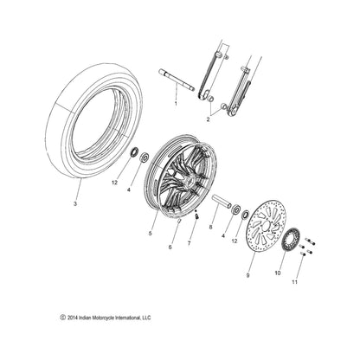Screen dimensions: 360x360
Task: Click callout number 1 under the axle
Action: (176, 103)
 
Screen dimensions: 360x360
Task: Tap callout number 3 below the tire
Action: (75, 203)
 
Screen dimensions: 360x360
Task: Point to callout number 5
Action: (152, 234)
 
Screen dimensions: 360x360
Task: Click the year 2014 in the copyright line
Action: (77, 318)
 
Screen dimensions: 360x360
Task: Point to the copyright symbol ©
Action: (63, 318)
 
